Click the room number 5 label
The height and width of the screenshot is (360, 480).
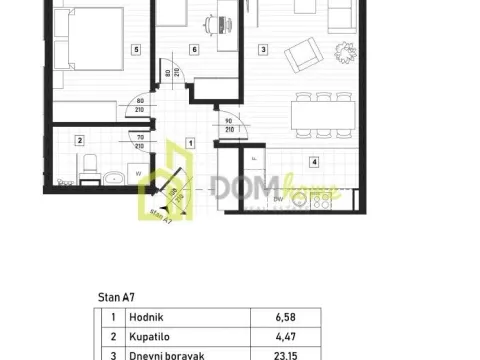136,48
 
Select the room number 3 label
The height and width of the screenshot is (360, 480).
263,48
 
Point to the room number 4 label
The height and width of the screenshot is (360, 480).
314,160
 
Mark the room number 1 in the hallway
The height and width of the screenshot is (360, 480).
193,142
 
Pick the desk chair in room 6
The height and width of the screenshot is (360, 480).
212,22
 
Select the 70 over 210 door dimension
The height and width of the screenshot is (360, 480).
141,141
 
